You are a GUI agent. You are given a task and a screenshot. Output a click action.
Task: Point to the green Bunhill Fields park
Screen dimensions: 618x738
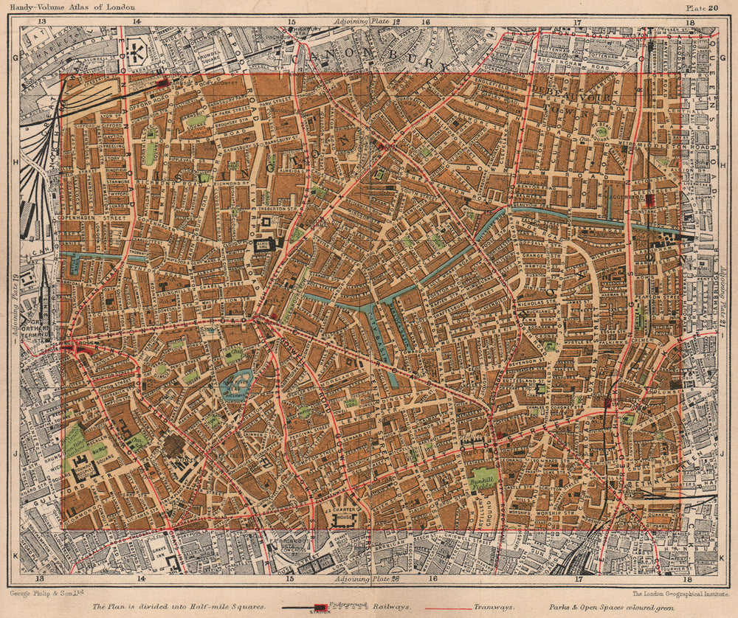tap(483, 479)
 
